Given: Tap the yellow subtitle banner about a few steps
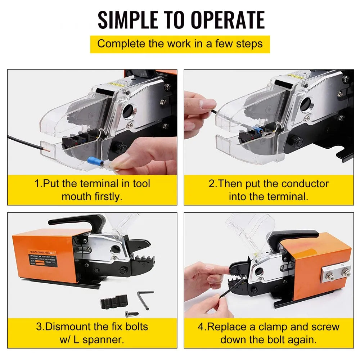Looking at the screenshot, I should coord(180,44).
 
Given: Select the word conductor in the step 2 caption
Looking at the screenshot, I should coord(305,184).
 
